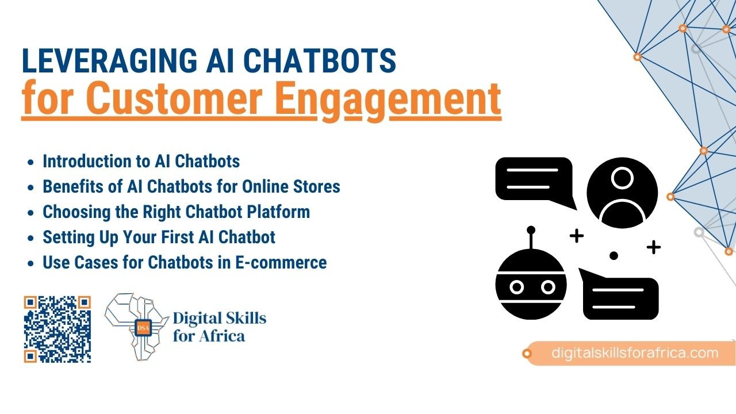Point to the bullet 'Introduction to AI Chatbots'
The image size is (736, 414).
(x=141, y=161)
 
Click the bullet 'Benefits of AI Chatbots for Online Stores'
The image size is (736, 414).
(x=191, y=186)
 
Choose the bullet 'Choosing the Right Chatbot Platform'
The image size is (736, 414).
(x=176, y=212)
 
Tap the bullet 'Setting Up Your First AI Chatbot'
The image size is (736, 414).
(x=159, y=237)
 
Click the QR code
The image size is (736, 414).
(x=57, y=329)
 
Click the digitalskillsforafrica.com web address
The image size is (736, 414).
(x=635, y=352)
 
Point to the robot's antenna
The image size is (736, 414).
(x=531, y=236)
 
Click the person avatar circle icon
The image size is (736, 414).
(x=622, y=192)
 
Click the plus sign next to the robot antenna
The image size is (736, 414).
(x=576, y=235)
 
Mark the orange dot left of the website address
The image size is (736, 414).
(x=527, y=354)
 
